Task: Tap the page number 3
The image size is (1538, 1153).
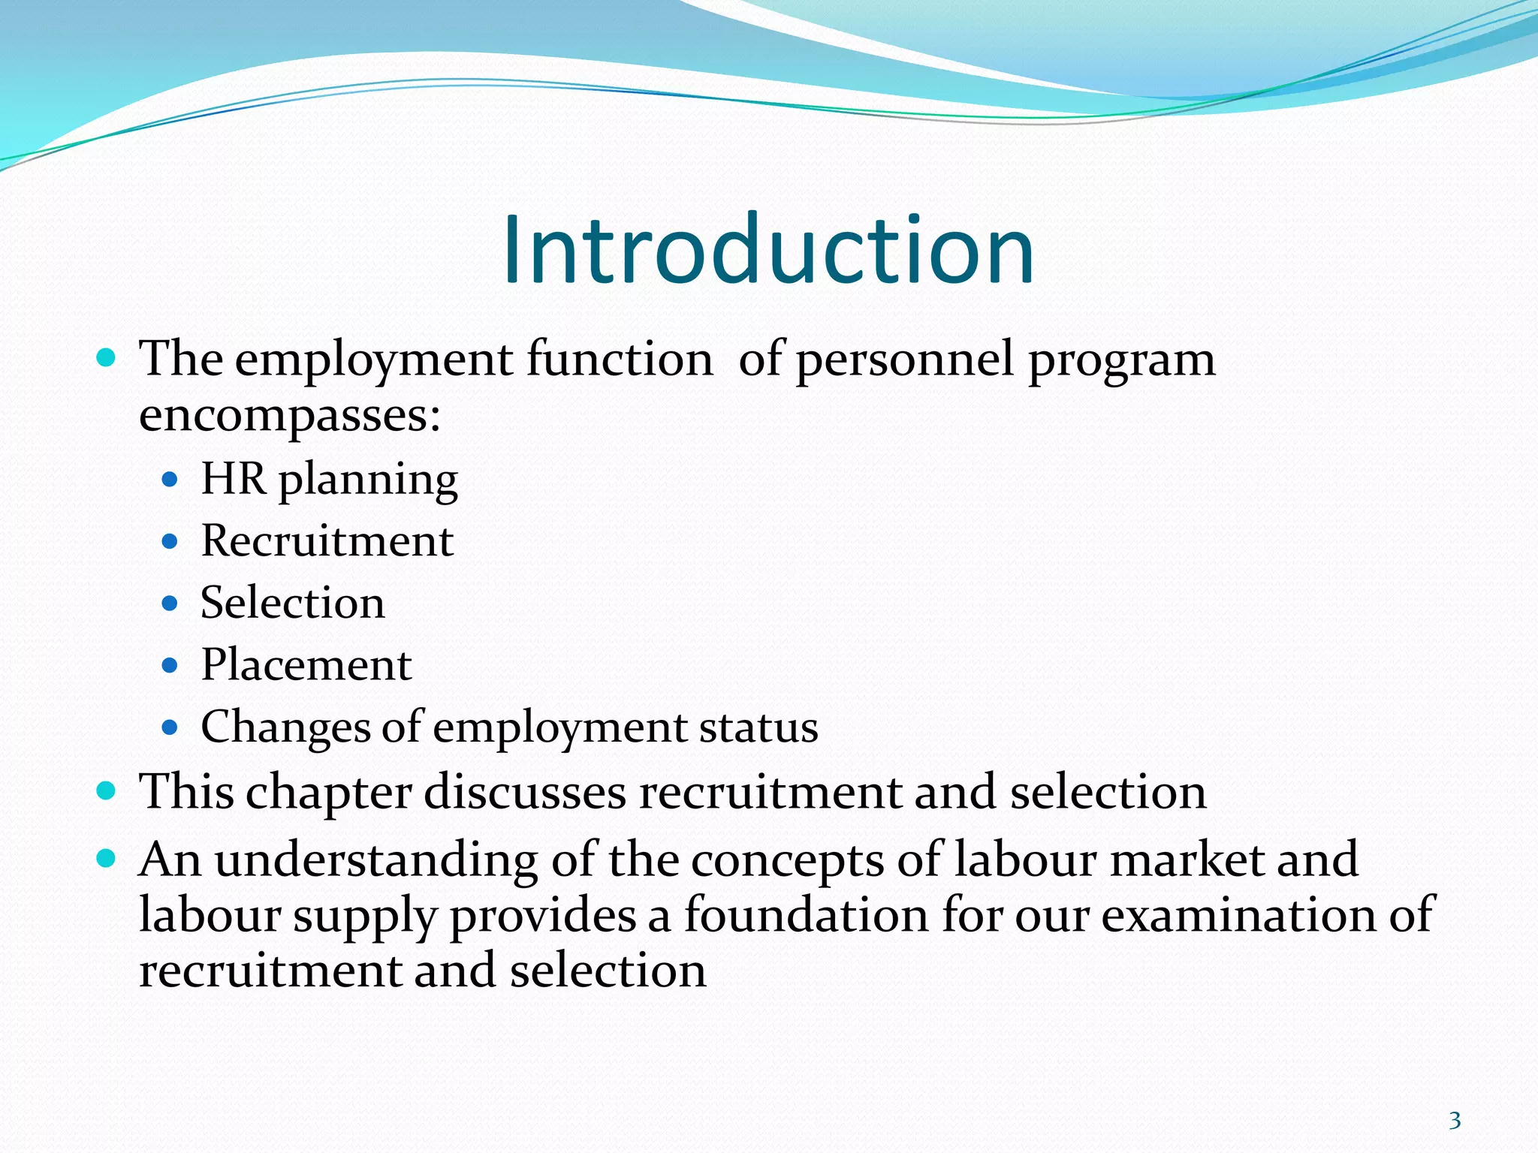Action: pos(1455,1121)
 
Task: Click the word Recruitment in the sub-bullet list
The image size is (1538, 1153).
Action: pos(327,540)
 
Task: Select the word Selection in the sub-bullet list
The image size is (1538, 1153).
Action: pos(293,603)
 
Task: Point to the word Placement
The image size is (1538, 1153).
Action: pos(306,665)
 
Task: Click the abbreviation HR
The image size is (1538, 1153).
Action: pos(233,478)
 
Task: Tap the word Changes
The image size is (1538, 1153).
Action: pos(285,727)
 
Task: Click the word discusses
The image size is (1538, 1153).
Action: pos(524,793)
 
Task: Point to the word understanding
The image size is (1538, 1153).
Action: pos(376,860)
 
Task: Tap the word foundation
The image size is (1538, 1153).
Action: pos(805,915)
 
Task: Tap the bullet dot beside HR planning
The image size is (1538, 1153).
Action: pos(170,479)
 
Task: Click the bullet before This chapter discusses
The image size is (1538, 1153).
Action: pos(107,790)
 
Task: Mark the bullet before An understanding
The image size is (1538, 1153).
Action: pos(107,857)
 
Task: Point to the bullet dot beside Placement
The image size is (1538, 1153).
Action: pos(170,665)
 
